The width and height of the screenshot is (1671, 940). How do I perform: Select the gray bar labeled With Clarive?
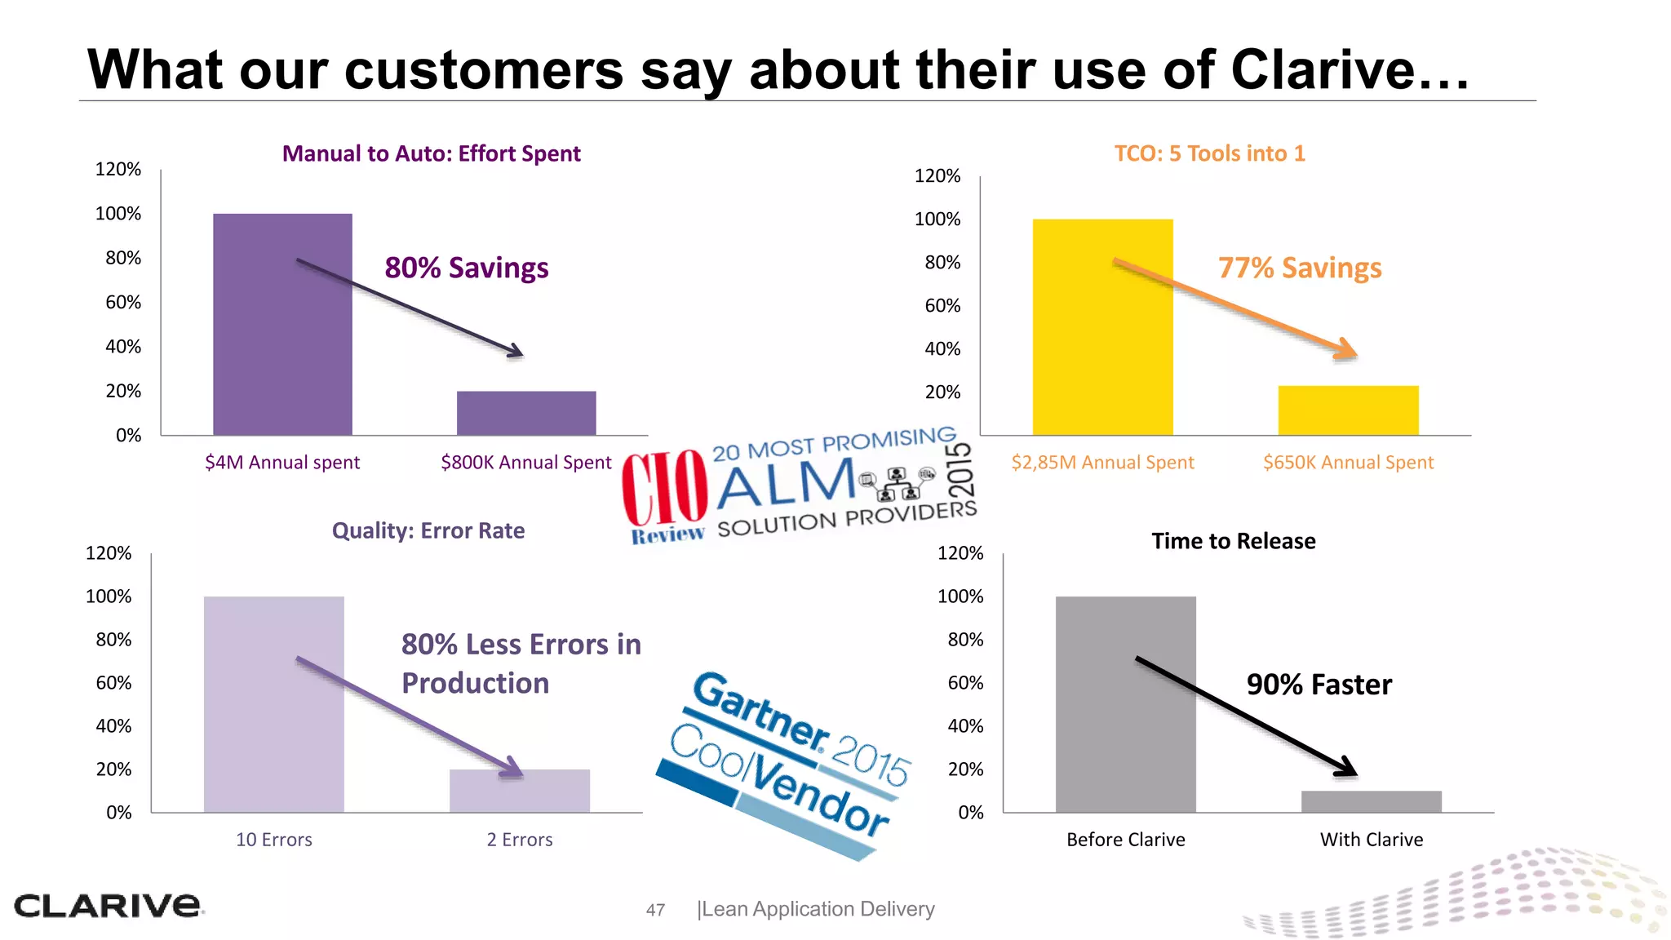[1371, 801]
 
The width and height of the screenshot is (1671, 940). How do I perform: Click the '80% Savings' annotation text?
[467, 268]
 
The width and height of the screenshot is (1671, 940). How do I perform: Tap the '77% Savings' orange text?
[1300, 268]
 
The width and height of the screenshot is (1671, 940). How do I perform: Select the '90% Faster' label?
[1319, 685]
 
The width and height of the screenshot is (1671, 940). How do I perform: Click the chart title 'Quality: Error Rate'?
[428, 531]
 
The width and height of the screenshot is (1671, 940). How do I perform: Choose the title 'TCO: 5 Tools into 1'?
[1210, 153]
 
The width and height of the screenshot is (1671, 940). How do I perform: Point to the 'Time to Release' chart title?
[1234, 541]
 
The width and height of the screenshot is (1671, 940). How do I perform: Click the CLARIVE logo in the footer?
[108, 906]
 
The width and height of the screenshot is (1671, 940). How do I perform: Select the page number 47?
[655, 910]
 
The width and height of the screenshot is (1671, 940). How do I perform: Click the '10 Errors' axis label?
[274, 840]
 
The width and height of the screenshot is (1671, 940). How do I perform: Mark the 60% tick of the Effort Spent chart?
[123, 303]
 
